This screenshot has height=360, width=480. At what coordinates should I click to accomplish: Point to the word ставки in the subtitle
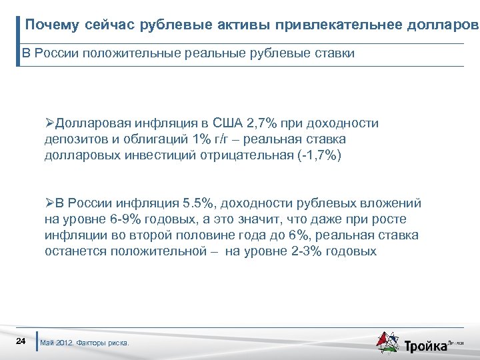click(333, 53)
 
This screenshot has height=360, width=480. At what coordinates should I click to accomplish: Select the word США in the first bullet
click(228, 123)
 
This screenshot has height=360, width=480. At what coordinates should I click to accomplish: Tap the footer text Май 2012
click(57, 343)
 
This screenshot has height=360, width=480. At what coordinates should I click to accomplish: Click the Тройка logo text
click(426, 345)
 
